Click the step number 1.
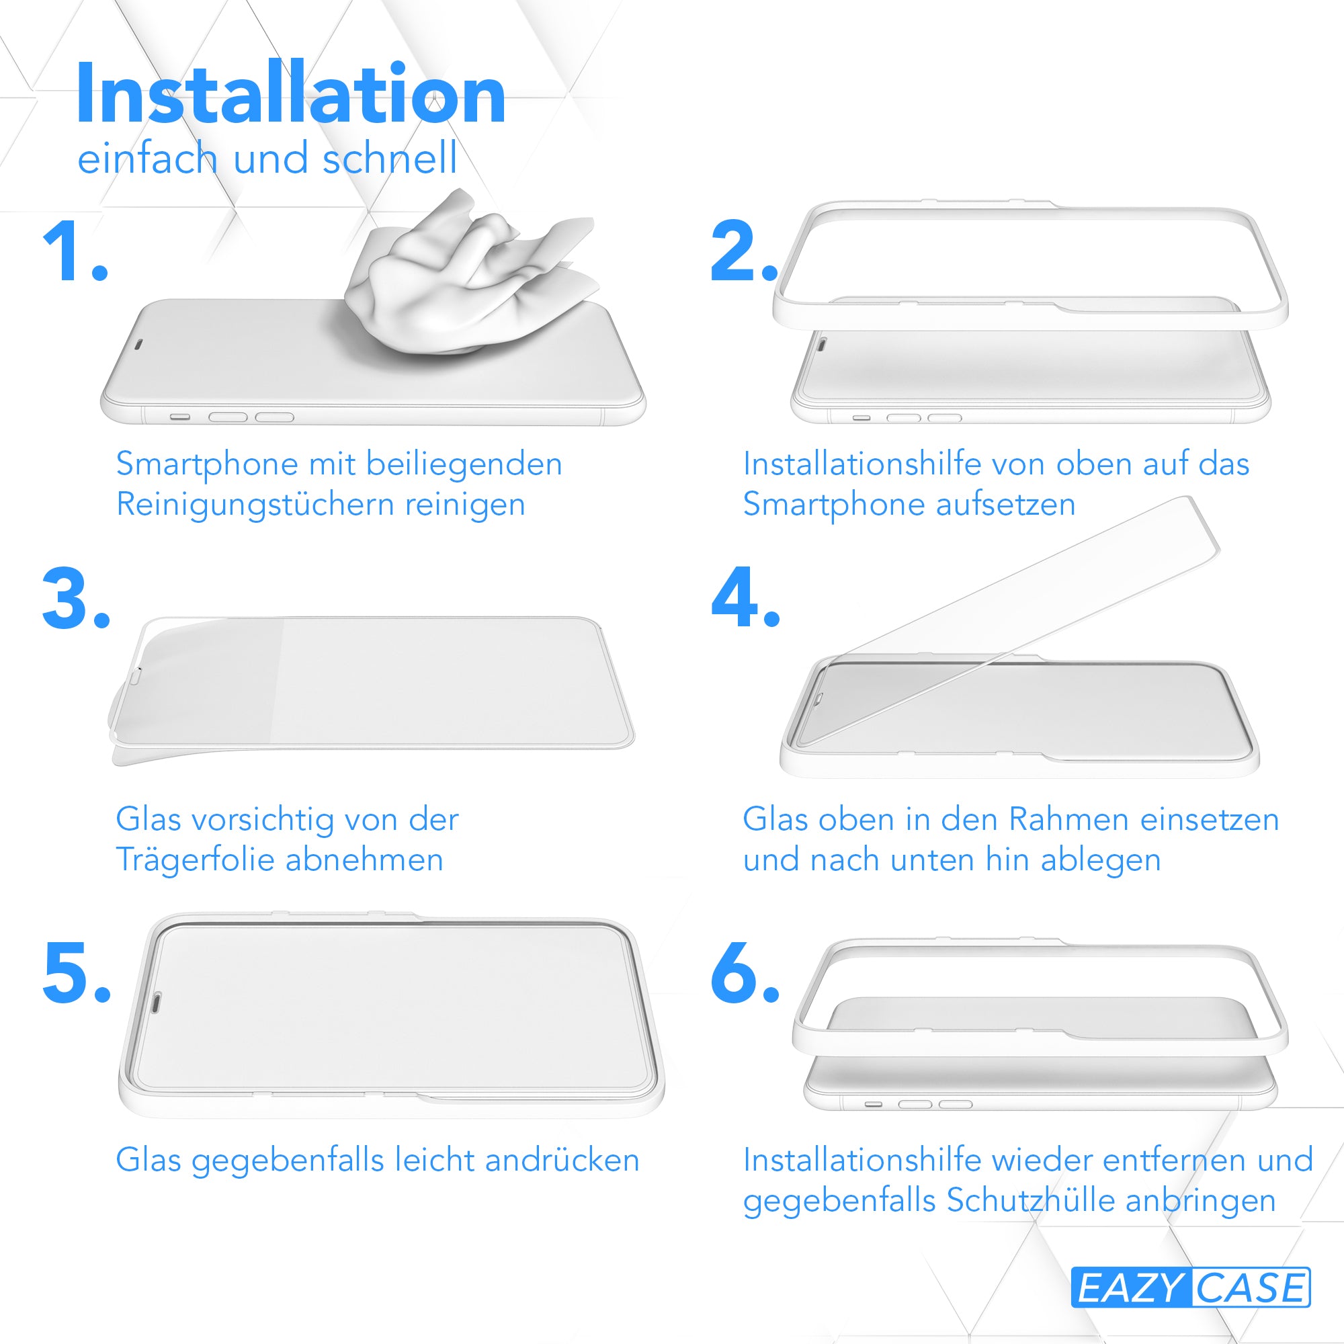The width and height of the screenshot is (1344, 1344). pyautogui.click(x=75, y=251)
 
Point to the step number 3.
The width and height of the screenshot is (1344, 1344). pyautogui.click(x=76, y=597)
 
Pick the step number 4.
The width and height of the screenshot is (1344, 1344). pyautogui.click(x=745, y=596)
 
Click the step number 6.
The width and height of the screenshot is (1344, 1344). pyautogui.click(x=745, y=972)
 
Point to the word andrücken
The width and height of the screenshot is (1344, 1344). pyautogui.click(x=561, y=1161)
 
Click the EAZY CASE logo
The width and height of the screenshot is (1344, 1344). pyautogui.click(x=1190, y=1287)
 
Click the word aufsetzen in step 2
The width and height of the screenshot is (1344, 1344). pyautogui.click(x=1005, y=505)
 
